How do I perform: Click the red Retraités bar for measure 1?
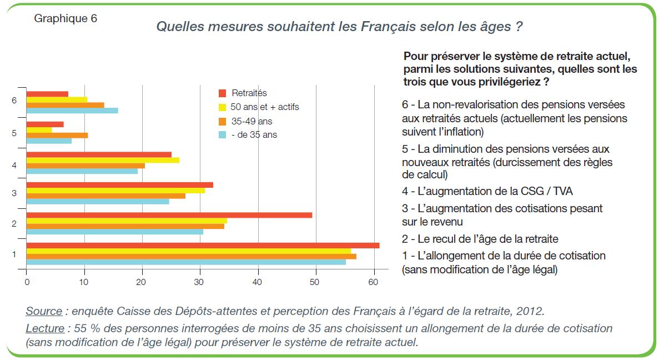(x=203, y=246)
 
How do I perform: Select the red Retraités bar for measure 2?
(x=169, y=215)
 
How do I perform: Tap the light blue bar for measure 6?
(x=72, y=111)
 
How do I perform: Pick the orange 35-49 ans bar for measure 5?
(x=57, y=135)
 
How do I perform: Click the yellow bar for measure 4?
(x=103, y=160)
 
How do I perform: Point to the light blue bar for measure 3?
(x=98, y=201)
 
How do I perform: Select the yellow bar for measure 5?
(x=39, y=130)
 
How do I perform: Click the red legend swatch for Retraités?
(x=223, y=93)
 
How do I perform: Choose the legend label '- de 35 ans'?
(x=254, y=134)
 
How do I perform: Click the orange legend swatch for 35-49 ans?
(x=223, y=121)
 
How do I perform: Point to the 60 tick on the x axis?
(x=374, y=282)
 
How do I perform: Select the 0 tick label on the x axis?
(x=27, y=282)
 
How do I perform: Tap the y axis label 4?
(x=14, y=165)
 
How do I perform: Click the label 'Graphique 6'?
(x=66, y=18)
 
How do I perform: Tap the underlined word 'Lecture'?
(x=45, y=328)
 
